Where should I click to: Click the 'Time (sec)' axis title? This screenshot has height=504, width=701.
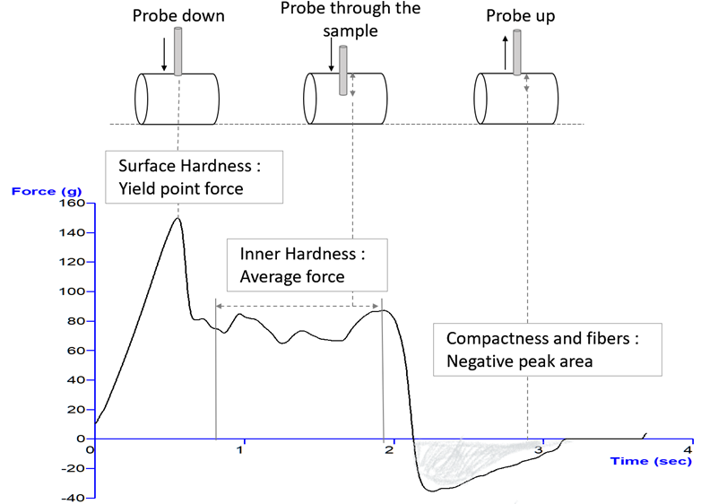651,460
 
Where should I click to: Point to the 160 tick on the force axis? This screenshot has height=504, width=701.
72,204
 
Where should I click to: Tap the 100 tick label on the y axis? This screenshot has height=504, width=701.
72,292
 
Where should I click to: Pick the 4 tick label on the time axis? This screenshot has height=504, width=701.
688,449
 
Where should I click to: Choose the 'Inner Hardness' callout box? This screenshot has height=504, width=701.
307,265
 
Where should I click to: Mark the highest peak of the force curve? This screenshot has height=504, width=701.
177,218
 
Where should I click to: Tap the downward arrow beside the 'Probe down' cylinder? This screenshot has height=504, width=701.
164,55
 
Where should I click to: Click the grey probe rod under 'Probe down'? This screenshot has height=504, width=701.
178,52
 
